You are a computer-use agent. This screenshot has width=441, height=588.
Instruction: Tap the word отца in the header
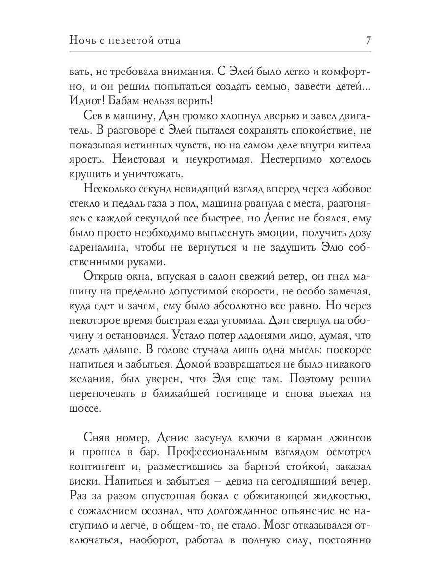[168, 40]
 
